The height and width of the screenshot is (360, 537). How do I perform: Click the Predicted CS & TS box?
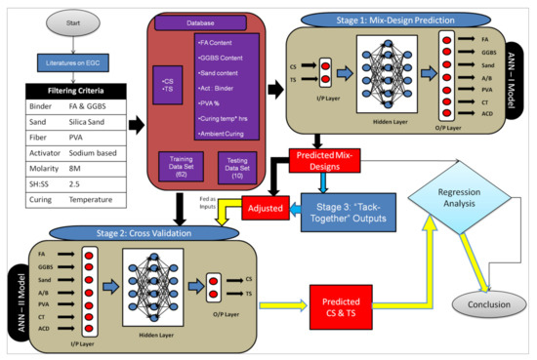[345, 299]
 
